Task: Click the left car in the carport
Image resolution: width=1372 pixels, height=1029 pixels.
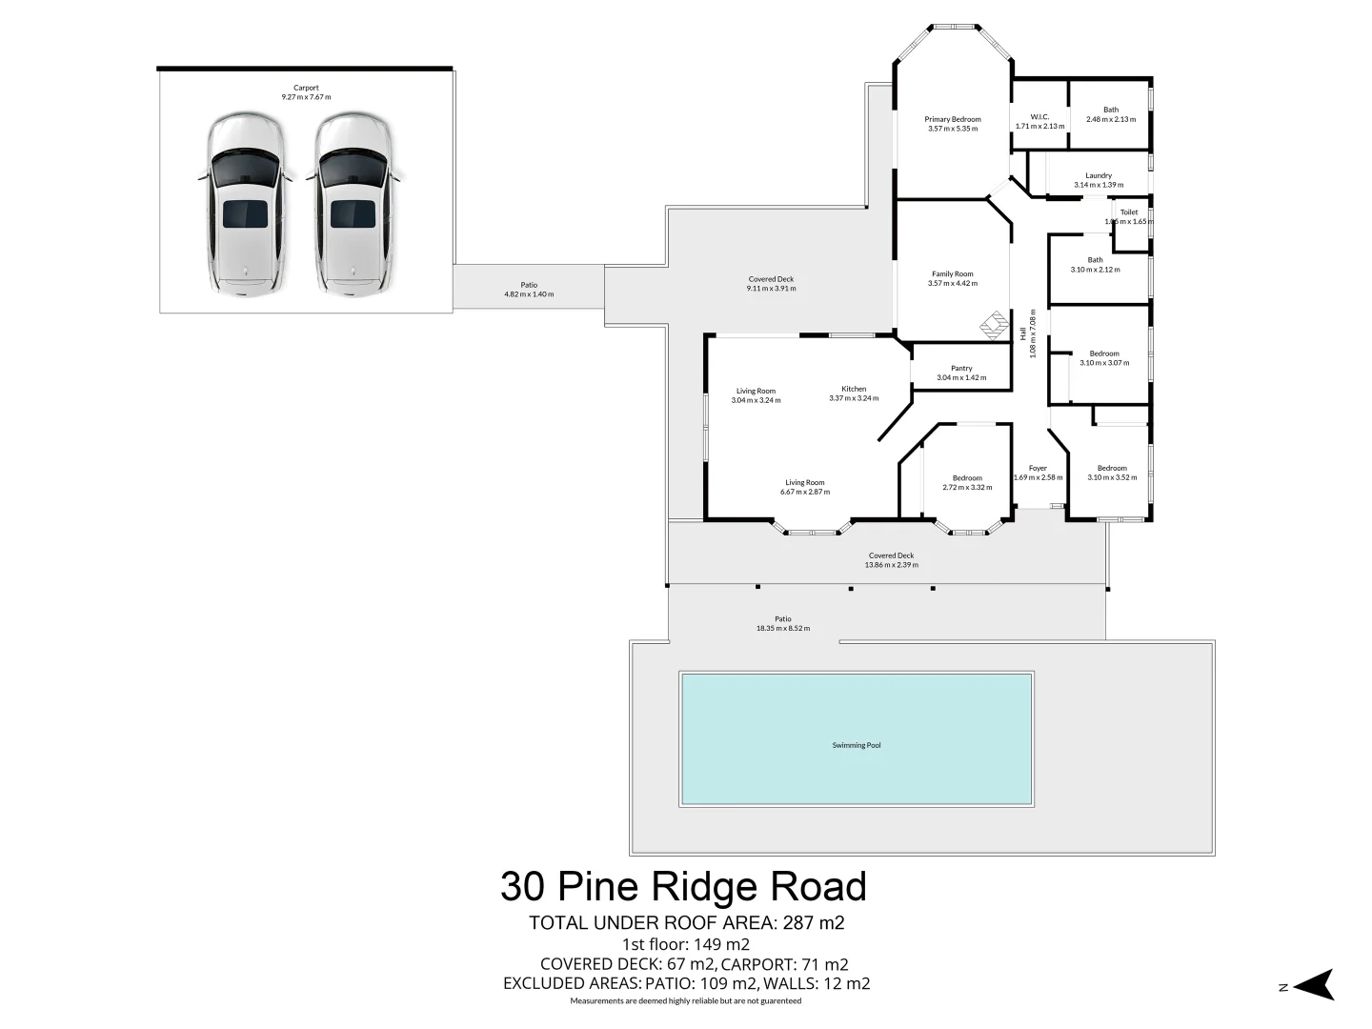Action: point(246,205)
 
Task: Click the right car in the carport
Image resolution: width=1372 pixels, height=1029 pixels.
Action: point(353,205)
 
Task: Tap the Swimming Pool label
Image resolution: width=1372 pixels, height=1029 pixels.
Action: point(856,745)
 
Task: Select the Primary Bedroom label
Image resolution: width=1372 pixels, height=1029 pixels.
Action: point(953,119)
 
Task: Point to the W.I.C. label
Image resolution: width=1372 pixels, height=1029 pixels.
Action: point(1039,117)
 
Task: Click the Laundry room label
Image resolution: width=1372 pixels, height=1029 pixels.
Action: point(1099,175)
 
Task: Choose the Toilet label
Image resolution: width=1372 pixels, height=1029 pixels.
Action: point(1129,212)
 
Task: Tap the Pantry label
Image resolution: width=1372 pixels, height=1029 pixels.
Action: point(961,369)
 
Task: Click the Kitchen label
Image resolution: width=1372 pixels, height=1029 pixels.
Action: point(854,389)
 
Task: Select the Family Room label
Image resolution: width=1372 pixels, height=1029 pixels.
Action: point(953,274)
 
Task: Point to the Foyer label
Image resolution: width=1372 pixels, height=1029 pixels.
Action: point(1038,468)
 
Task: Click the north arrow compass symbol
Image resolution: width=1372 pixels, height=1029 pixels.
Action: point(1315,985)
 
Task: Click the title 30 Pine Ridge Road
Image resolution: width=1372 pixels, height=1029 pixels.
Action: point(683,886)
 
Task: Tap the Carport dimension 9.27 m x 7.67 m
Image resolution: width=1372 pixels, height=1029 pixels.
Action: point(306,97)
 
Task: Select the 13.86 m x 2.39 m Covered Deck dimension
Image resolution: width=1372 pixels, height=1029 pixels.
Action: point(891,565)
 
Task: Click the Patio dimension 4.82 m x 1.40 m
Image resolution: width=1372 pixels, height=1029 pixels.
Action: point(529,294)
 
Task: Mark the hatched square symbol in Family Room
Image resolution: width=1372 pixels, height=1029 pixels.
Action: point(994,324)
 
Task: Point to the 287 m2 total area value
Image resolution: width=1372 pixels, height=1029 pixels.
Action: point(814,922)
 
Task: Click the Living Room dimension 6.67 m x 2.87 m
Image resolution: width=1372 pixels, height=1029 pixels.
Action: point(805,493)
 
